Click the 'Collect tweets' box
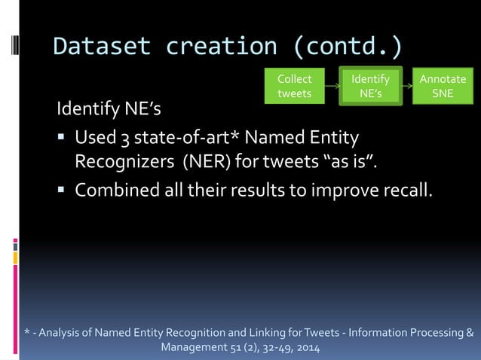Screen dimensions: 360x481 coord(293,86)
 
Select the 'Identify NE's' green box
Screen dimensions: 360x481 coord(371,86)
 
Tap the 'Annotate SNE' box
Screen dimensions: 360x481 coord(443,86)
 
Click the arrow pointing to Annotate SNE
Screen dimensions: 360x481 coord(408,87)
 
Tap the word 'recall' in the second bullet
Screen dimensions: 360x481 coord(408,190)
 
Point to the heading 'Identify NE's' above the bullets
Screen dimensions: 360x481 coord(109,110)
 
